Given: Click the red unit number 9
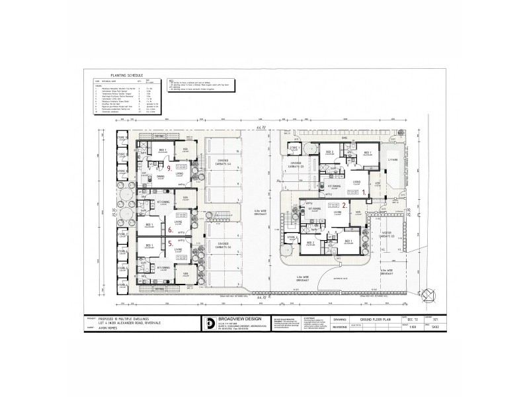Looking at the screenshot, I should [x=170, y=168].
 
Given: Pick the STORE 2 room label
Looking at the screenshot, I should [x=292, y=236].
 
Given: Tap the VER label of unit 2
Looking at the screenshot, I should [x=358, y=212].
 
